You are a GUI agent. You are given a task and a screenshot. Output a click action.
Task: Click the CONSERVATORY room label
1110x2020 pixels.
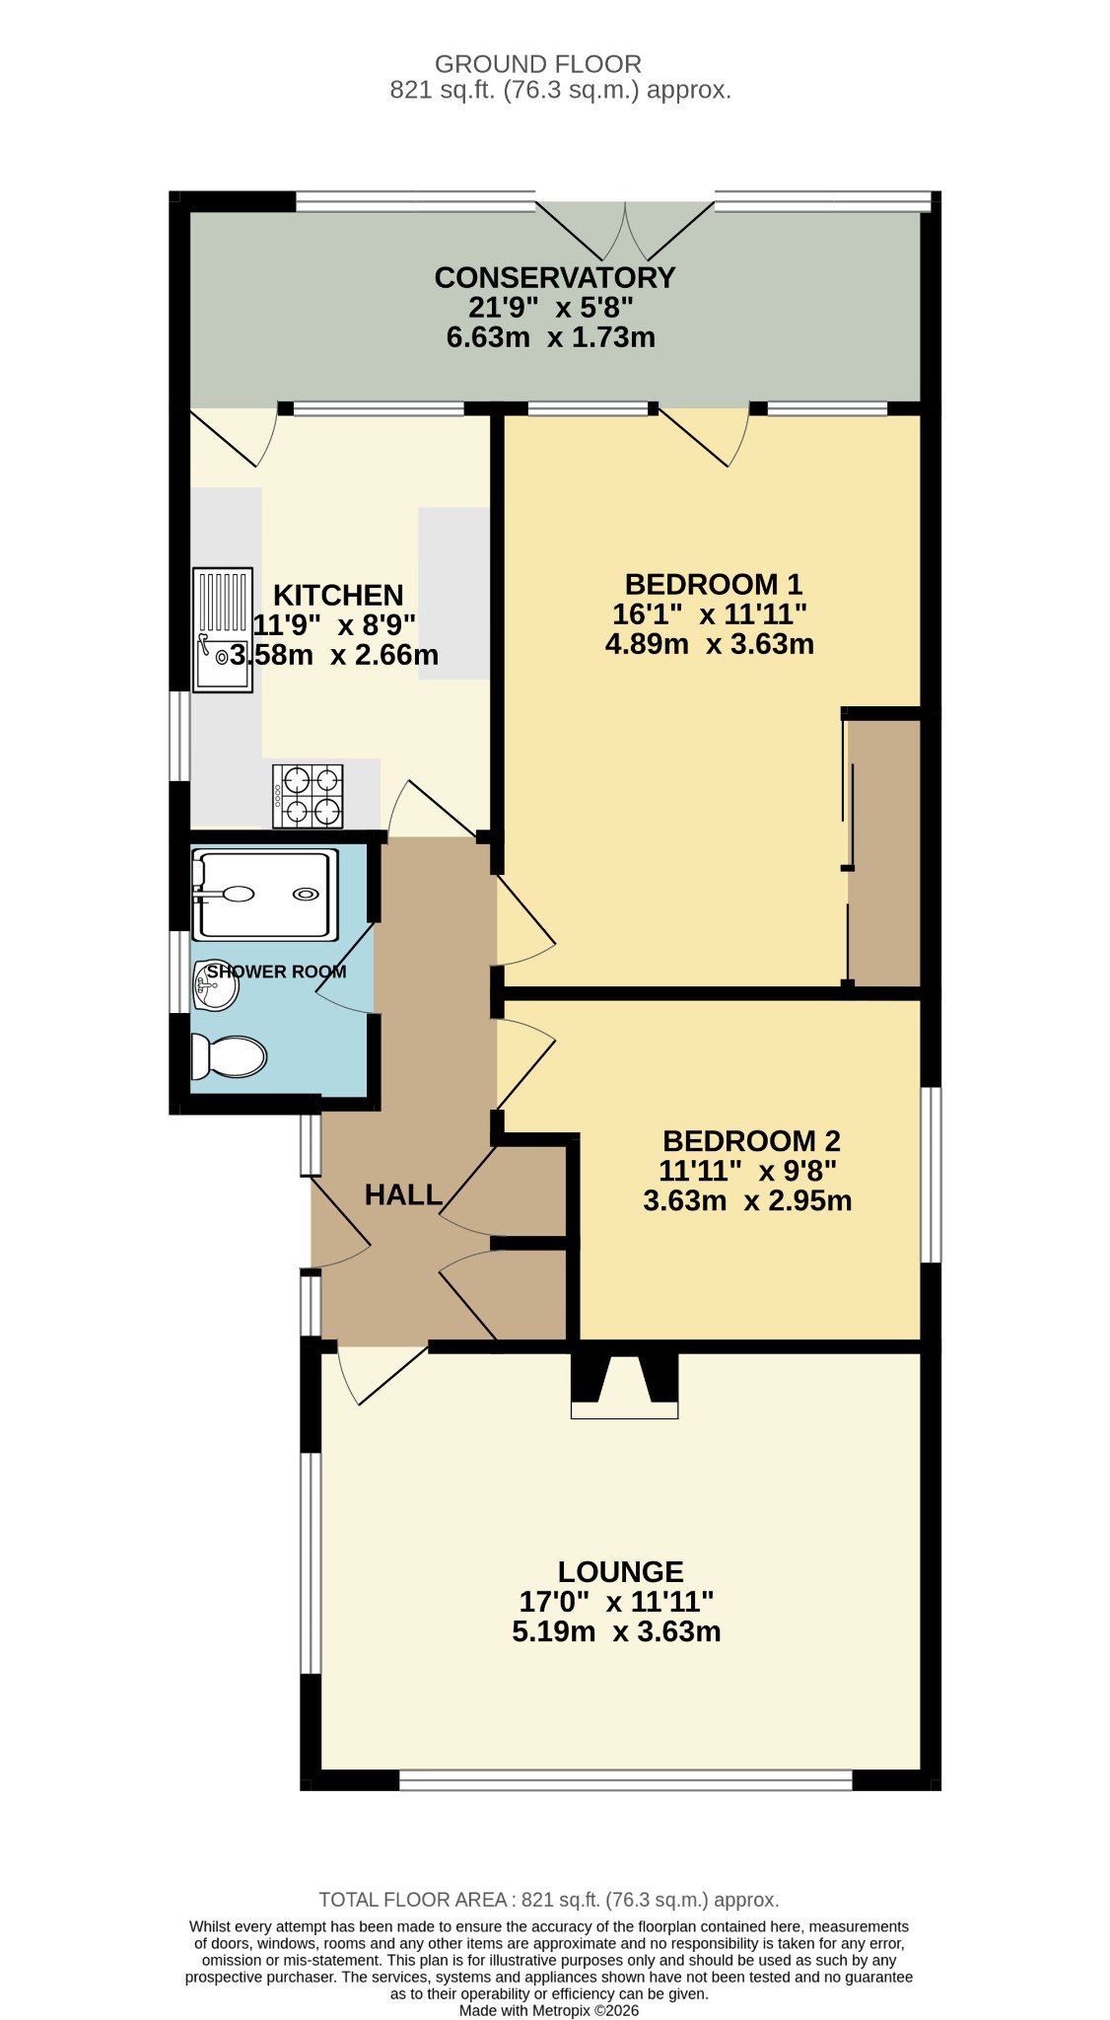[x=555, y=277]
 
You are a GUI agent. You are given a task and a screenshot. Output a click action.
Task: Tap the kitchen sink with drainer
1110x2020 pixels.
[x=223, y=630]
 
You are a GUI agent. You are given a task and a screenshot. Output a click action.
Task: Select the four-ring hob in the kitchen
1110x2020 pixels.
[x=308, y=797]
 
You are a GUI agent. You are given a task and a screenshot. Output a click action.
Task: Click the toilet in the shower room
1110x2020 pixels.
[x=229, y=1056]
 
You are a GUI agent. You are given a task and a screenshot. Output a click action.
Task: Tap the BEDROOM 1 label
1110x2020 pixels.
[x=714, y=584]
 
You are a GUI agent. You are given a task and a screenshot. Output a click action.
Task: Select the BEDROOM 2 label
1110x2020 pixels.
[x=751, y=1141]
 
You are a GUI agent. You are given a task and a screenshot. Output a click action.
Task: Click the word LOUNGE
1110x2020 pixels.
[x=621, y=1572]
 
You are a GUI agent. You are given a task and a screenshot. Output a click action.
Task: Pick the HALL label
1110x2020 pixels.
[x=403, y=1195]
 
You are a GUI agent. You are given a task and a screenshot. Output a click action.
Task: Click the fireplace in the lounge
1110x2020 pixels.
[x=625, y=1386]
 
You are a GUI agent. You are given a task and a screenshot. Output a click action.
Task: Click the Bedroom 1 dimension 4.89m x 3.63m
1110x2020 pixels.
[x=710, y=644]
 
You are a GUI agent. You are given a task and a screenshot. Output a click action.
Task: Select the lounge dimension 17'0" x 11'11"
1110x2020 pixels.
[x=616, y=1601]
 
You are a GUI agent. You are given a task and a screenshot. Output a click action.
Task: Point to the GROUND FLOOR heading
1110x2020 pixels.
[x=538, y=64]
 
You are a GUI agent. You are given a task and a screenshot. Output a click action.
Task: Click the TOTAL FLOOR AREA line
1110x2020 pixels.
[x=549, y=1900]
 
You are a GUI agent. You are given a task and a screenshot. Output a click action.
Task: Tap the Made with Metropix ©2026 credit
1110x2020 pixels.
[x=549, y=2010]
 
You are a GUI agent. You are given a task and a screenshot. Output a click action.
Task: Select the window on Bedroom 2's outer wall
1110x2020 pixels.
[x=931, y=1175]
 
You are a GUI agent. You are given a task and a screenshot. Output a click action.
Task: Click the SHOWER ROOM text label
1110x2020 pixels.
[x=276, y=972]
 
